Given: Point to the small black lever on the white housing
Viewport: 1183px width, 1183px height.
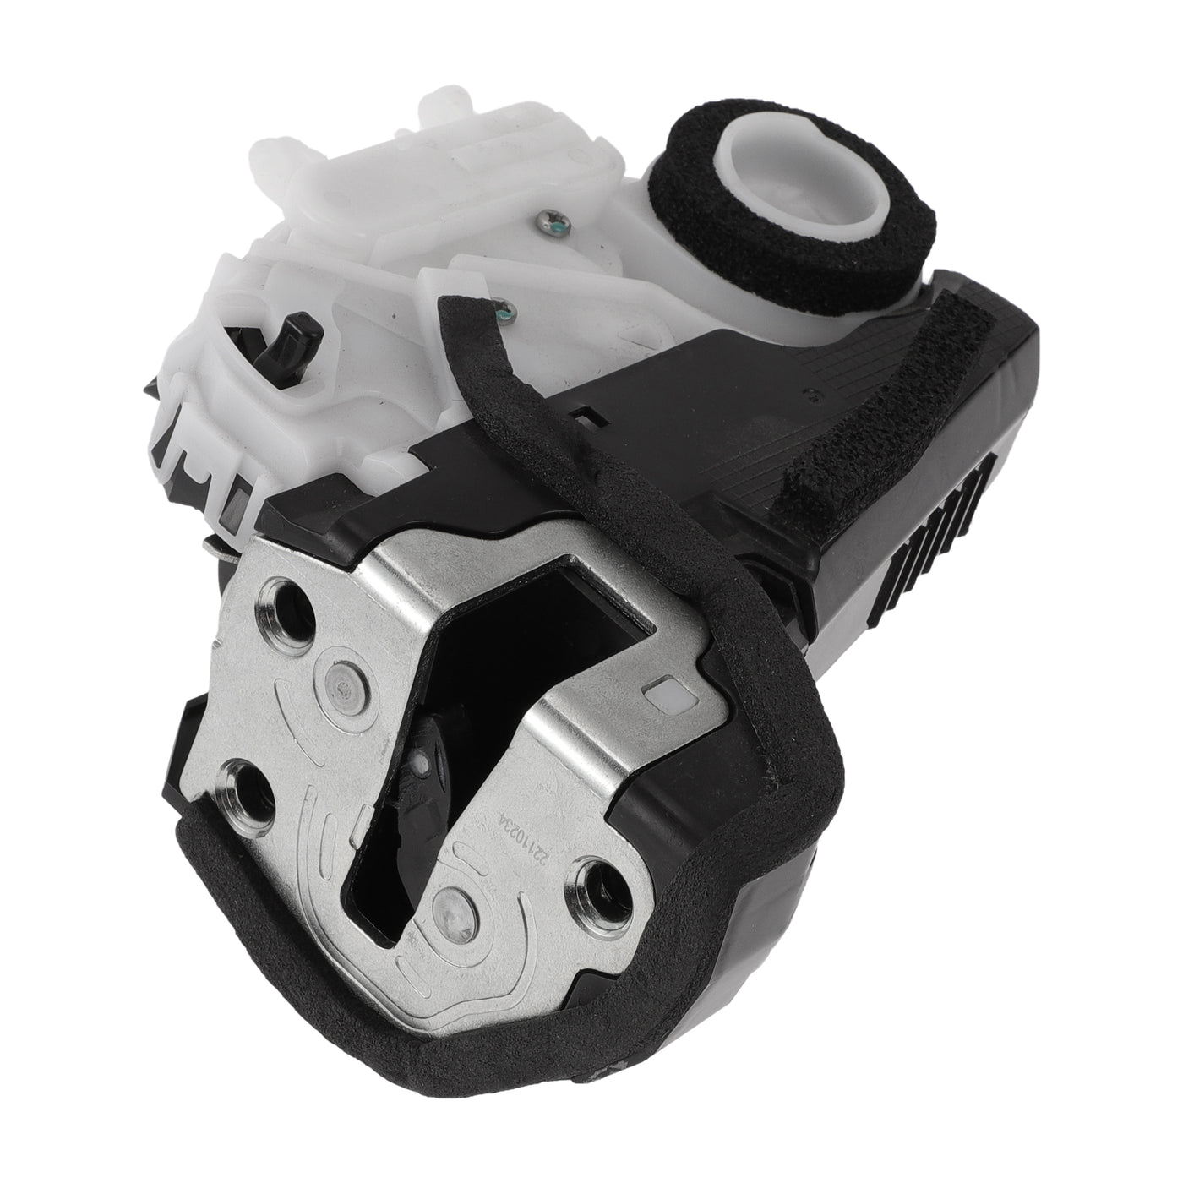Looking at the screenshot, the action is click(294, 341).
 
